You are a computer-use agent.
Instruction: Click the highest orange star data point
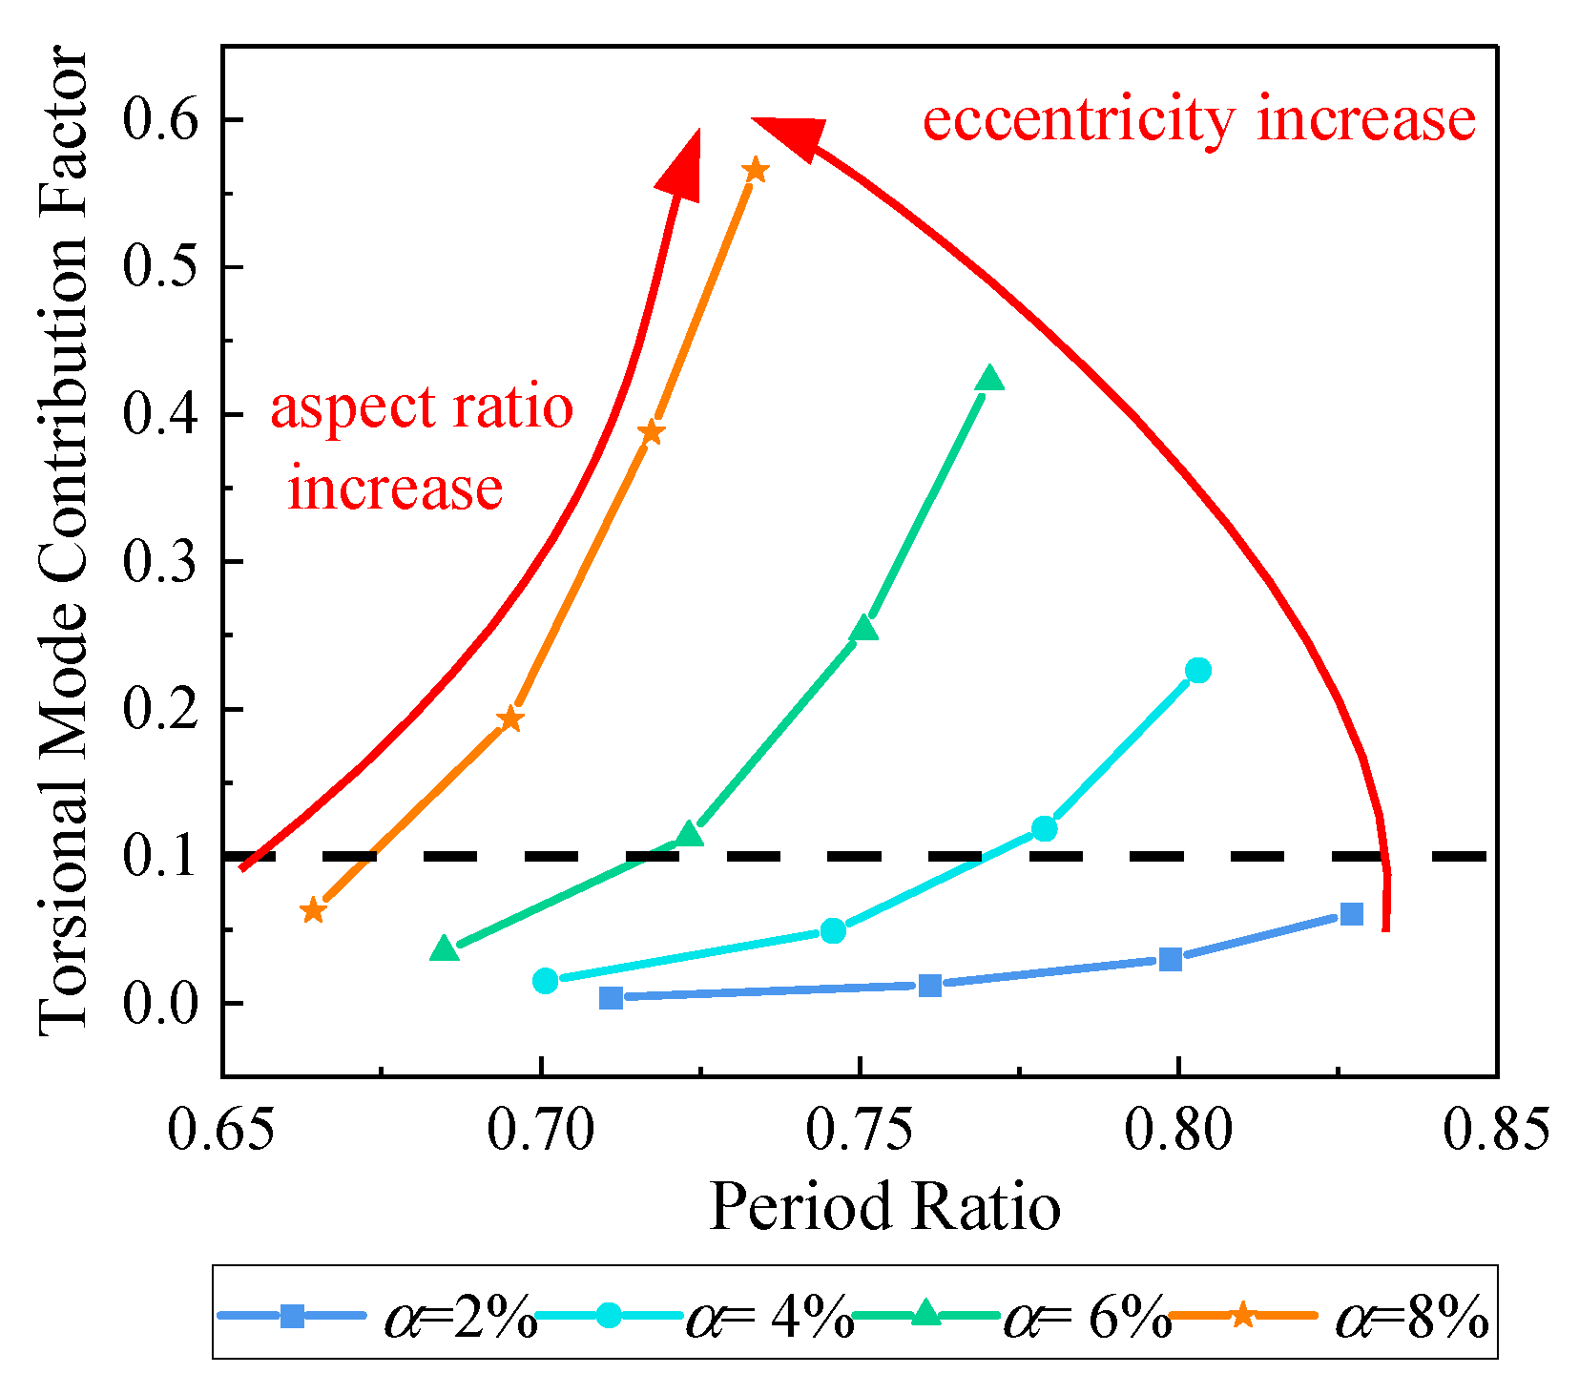coord(755,171)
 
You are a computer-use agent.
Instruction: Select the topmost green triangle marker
coord(990,379)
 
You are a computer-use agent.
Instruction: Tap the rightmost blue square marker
coord(1351,914)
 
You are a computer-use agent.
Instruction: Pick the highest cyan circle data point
coord(1198,671)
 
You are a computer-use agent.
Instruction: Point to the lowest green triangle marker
coord(444,948)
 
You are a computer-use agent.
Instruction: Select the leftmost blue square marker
coord(611,997)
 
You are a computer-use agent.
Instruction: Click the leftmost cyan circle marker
coord(545,980)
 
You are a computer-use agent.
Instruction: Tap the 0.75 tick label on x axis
coord(860,1131)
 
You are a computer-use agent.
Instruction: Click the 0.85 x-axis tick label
coord(1495,1131)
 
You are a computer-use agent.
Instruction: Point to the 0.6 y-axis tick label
coord(160,120)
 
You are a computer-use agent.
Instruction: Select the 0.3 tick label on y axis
coord(160,562)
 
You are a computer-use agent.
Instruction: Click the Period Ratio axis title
coord(884,1207)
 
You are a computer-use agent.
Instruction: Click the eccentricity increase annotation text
coord(1199,121)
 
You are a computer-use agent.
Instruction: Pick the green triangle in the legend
coord(925,1315)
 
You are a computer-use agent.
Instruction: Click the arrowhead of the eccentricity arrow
coord(788,135)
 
